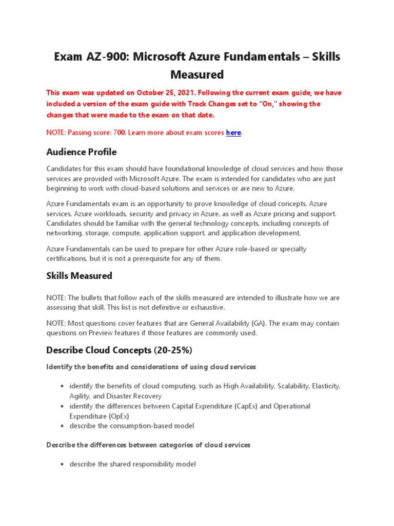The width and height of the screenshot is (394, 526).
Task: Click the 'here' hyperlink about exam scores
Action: tap(233, 133)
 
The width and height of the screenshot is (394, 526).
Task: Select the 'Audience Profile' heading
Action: tap(81, 152)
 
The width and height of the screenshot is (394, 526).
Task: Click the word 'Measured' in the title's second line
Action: tap(197, 75)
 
